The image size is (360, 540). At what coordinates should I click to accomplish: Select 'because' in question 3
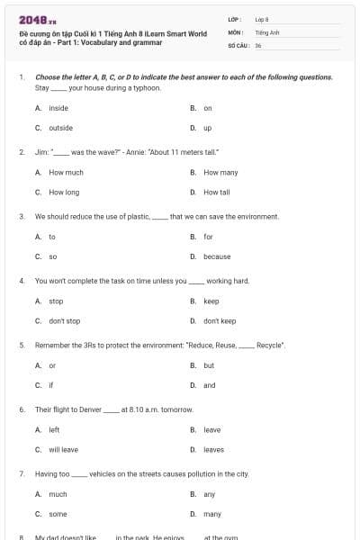pos(217,256)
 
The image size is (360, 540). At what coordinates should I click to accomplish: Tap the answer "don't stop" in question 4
pos(64,320)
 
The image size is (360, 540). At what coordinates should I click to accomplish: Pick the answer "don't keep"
pos(220,320)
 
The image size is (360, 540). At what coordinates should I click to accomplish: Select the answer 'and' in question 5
pos(209,385)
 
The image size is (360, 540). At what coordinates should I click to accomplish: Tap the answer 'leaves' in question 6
pos(213,449)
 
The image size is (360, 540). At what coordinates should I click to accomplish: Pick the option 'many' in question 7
pos(211,514)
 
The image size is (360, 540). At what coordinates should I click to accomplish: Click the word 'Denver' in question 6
pos(89,409)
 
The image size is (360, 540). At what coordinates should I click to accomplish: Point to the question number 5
pos(21,345)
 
